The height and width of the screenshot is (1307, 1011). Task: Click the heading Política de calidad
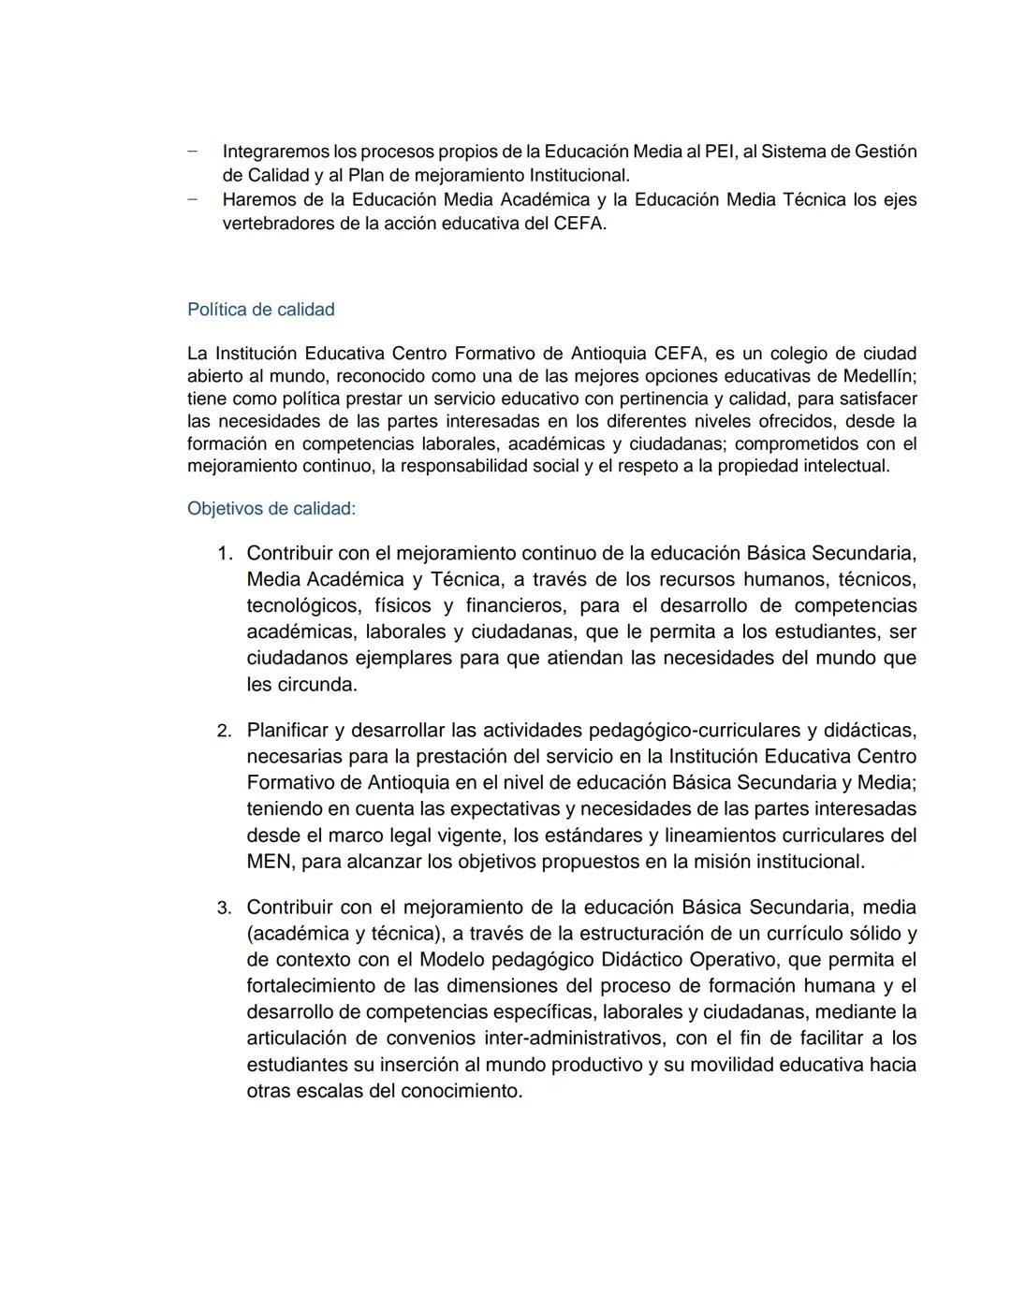click(260, 310)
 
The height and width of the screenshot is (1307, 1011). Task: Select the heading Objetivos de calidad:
click(271, 509)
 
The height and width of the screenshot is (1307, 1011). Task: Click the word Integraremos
click(276, 152)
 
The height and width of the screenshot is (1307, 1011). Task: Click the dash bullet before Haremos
click(193, 199)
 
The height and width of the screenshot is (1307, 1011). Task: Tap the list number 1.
click(224, 554)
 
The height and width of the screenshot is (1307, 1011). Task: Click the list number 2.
click(224, 731)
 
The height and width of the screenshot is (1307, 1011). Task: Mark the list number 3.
click(224, 908)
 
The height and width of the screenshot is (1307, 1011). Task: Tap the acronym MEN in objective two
click(270, 861)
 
